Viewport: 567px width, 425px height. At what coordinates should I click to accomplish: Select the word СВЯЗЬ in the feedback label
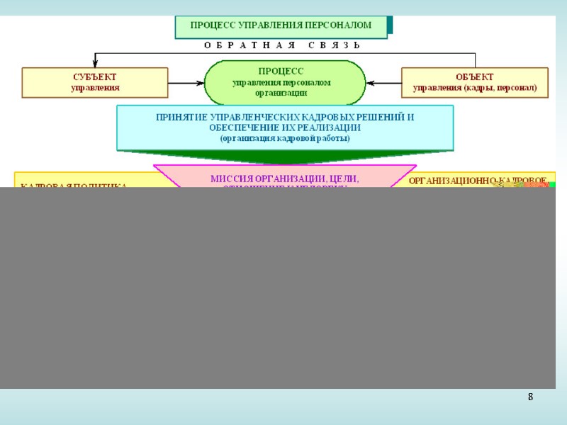[335, 46]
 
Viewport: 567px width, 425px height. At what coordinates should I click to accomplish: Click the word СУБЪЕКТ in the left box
[95, 76]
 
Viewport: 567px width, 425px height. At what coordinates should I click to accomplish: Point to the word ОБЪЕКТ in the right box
[474, 76]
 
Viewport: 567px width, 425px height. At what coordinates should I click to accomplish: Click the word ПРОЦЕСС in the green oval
[281, 72]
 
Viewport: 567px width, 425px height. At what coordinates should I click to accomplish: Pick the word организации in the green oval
[281, 92]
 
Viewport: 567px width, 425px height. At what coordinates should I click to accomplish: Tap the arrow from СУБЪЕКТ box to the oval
[186, 82]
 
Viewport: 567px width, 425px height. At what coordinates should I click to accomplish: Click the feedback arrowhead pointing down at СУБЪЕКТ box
[95, 64]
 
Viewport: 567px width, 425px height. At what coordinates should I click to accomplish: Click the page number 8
[530, 397]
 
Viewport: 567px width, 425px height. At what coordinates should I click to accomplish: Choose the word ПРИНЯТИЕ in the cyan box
[181, 118]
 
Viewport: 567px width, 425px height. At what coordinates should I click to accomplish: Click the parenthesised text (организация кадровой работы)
[285, 138]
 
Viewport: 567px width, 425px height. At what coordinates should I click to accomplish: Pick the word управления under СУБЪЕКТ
[95, 88]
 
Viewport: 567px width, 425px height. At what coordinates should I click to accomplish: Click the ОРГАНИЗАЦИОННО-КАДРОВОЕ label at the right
[477, 181]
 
